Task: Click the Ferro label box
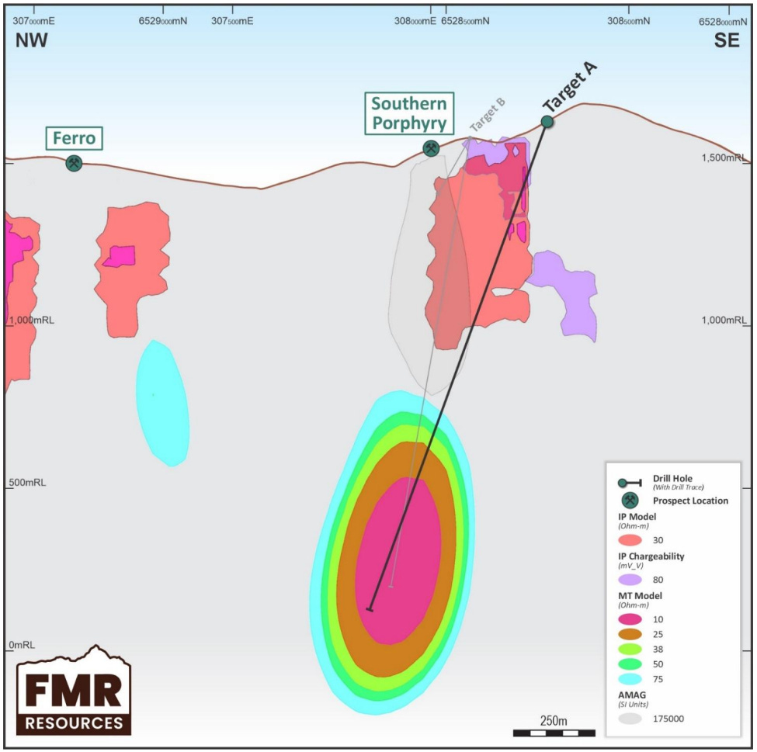coord(74,139)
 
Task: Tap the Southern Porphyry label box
coord(408,113)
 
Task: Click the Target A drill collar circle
coord(547,121)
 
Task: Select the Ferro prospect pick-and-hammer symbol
coord(74,163)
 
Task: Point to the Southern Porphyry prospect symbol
coord(430,148)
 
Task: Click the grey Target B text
coord(487,116)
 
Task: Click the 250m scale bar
coord(554,732)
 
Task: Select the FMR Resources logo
coord(74,690)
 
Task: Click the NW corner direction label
coord(32,41)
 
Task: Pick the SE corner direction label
coord(727,41)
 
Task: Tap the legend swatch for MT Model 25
coord(630,634)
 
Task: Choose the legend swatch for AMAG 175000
coord(630,719)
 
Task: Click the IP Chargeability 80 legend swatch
coord(630,579)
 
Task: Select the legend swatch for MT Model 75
coord(630,679)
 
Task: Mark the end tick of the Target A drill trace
coord(370,609)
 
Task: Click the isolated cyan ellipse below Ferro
coord(162,403)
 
